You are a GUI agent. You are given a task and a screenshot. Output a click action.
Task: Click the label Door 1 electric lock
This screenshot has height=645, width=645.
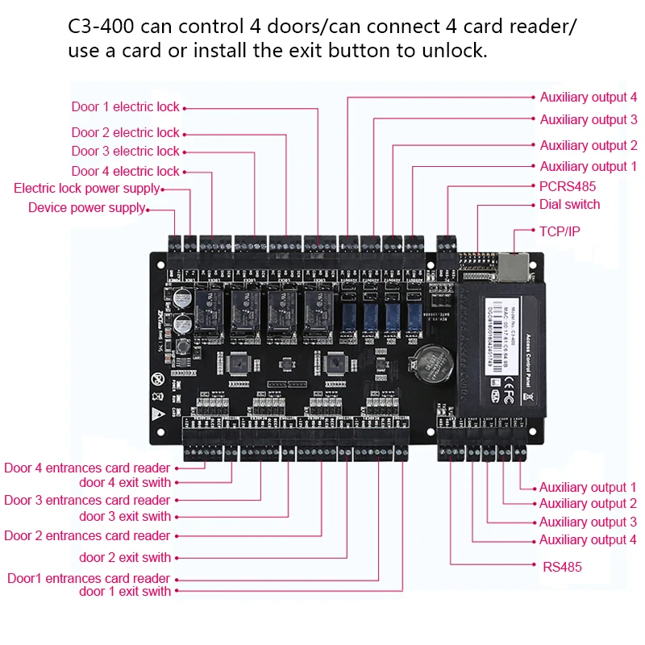coord(125,107)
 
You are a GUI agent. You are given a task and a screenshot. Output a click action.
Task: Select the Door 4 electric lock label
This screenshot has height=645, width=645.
coord(125,171)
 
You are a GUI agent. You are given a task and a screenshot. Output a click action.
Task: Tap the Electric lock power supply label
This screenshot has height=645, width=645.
coord(87,189)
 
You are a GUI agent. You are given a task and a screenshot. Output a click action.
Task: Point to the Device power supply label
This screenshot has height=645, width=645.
coord(87,208)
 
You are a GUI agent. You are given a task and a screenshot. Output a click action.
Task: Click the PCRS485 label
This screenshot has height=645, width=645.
coord(568,186)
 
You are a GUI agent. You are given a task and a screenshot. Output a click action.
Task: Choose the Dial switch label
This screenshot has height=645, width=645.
coord(569,205)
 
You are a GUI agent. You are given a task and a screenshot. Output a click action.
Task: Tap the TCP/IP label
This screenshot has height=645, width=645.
coord(560,231)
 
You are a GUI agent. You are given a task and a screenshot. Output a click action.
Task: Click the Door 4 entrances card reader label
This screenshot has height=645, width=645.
coord(87,468)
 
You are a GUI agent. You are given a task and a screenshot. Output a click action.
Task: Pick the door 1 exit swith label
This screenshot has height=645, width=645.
coord(125,592)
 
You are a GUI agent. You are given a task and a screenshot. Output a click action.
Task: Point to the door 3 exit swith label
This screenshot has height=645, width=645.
coord(125,517)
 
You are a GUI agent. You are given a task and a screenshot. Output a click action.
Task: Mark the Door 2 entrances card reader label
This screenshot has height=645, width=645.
coord(87,535)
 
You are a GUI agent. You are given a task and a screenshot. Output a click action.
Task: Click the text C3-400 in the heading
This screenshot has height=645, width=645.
coord(106,27)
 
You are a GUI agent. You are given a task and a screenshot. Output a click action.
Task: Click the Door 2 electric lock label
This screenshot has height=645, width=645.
coord(125,133)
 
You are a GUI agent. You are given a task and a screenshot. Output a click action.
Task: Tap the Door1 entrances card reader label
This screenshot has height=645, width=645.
coord(89,578)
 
